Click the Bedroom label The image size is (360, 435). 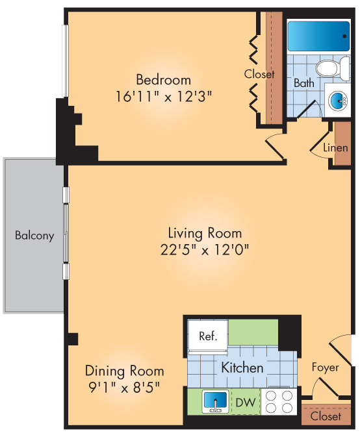[163, 80]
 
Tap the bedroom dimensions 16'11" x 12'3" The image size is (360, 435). [163, 95]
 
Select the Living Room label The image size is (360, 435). [205, 233]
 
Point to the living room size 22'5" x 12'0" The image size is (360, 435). [205, 249]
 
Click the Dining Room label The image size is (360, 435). [124, 371]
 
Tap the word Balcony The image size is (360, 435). [34, 236]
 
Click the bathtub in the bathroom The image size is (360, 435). [318, 36]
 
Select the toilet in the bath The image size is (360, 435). [328, 68]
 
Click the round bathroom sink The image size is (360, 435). [339, 100]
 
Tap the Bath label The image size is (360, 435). [303, 83]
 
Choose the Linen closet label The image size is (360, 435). [335, 148]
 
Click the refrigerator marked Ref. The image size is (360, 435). [207, 336]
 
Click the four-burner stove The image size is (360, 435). [279, 401]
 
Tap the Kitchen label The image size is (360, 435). [242, 367]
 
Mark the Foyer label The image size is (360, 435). [325, 367]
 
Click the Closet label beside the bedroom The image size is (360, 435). [259, 74]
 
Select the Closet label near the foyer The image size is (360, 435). [325, 416]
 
